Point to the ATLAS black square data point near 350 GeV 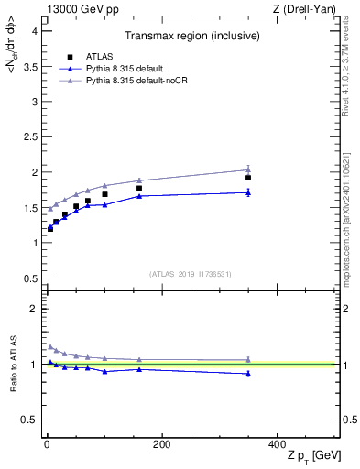248,177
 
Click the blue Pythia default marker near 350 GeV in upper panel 248,192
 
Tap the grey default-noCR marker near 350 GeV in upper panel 248,169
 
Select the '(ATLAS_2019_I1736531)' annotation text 190,274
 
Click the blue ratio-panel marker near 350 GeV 248,373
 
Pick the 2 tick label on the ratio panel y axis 34,309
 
